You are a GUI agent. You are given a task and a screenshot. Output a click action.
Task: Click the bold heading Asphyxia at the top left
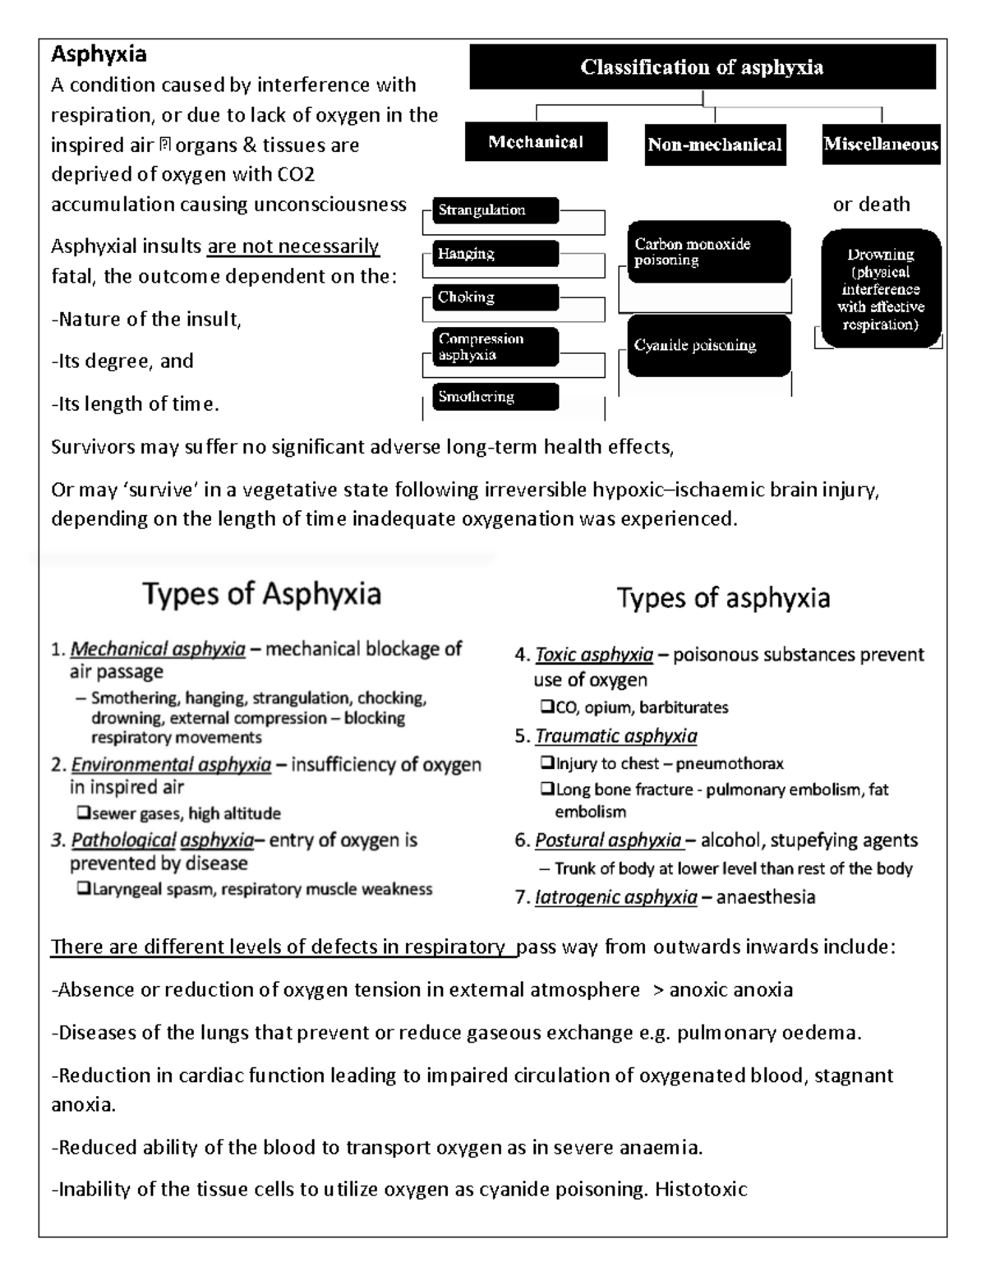click(x=99, y=55)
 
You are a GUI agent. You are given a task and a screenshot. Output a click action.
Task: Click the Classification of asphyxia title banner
click(x=702, y=67)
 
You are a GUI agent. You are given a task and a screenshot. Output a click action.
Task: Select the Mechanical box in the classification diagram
click(x=536, y=142)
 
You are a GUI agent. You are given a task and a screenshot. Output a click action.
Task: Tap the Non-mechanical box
click(x=715, y=145)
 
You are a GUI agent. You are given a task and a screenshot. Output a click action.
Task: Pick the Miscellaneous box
click(x=881, y=145)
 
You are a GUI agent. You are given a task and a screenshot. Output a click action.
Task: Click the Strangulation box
click(x=495, y=210)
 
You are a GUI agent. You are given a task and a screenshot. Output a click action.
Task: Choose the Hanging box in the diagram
click(x=495, y=254)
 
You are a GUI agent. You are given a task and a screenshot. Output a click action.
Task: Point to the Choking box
click(x=495, y=297)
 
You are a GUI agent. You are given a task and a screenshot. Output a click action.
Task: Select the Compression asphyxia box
click(x=495, y=347)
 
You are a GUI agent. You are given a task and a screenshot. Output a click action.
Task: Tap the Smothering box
click(x=495, y=397)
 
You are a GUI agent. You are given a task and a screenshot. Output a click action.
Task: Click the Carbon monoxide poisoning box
click(x=708, y=252)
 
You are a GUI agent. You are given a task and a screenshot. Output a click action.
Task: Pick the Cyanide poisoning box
click(x=708, y=346)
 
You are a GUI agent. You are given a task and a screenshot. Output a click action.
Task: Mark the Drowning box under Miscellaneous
click(x=881, y=289)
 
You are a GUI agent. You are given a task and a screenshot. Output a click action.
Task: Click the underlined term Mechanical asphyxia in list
click(x=158, y=650)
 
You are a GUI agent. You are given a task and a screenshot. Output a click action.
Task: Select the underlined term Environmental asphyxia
click(x=171, y=765)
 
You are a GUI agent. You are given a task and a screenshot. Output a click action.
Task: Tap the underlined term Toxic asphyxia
click(x=594, y=655)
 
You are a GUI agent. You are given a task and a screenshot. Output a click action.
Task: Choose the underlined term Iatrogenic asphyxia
click(x=615, y=897)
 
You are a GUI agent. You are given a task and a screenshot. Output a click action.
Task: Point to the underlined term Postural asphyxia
click(x=608, y=841)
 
